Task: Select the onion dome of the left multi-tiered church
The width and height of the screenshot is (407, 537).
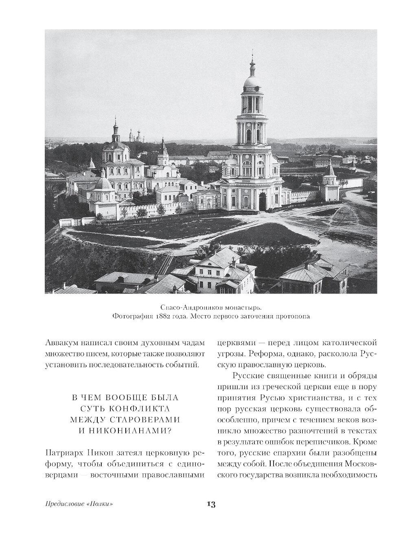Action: pos(115,134)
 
